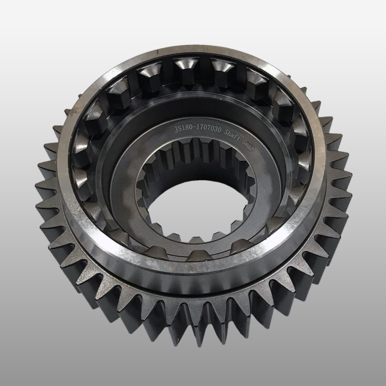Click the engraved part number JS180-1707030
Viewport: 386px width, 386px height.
click(198, 129)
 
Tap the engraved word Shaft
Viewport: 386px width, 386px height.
click(232, 135)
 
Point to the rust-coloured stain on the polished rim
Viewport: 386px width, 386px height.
click(73, 111)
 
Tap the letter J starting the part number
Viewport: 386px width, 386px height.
click(176, 130)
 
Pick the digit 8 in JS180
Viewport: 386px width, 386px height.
click(187, 129)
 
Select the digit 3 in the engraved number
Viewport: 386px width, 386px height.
click(215, 130)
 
